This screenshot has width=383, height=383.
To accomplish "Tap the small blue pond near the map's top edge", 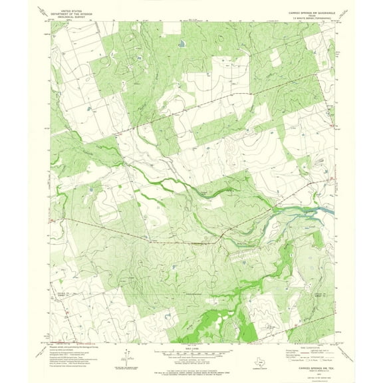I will point(181,45).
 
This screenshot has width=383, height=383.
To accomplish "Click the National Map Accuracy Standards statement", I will point(191,366).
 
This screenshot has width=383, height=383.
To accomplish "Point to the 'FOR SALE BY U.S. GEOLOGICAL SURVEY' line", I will point(191,369).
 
